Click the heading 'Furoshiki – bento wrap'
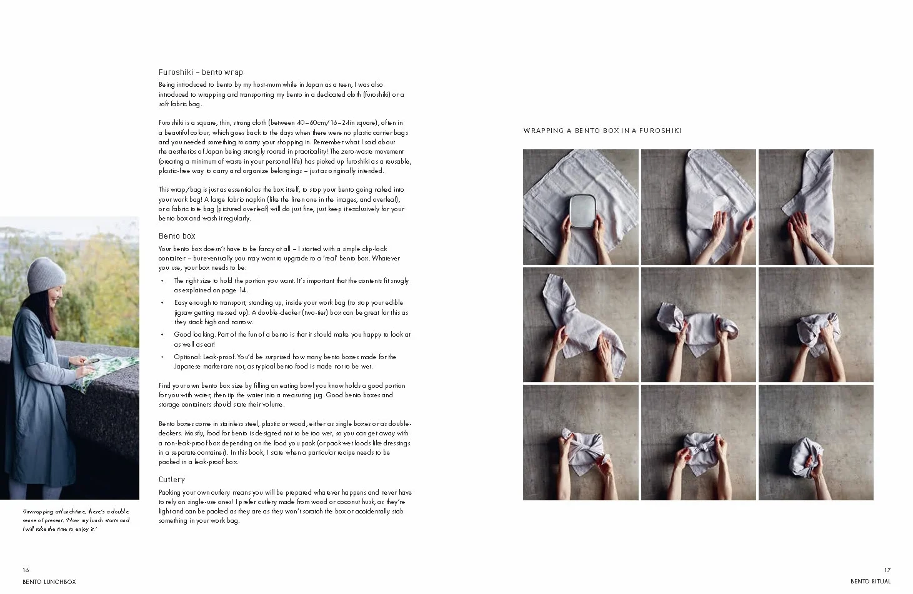pyautogui.click(x=201, y=72)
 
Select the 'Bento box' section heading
pyautogui.click(x=177, y=236)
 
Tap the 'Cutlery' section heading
pyautogui.click(x=172, y=480)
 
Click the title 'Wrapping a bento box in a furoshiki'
pyautogui.click(x=602, y=131)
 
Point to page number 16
pyautogui.click(x=26, y=570)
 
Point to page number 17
pyautogui.click(x=887, y=570)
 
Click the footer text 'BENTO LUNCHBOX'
pyautogui.click(x=49, y=582)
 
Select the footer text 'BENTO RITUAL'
pyautogui.click(x=871, y=582)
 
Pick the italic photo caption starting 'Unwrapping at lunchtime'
pyautogui.click(x=76, y=520)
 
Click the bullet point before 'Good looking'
pyautogui.click(x=162, y=335)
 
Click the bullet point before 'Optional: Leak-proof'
pyautogui.click(x=162, y=357)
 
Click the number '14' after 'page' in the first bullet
pyautogui.click(x=242, y=290)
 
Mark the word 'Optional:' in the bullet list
pyautogui.click(x=187, y=357)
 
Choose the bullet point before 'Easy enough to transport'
pyautogui.click(x=162, y=303)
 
